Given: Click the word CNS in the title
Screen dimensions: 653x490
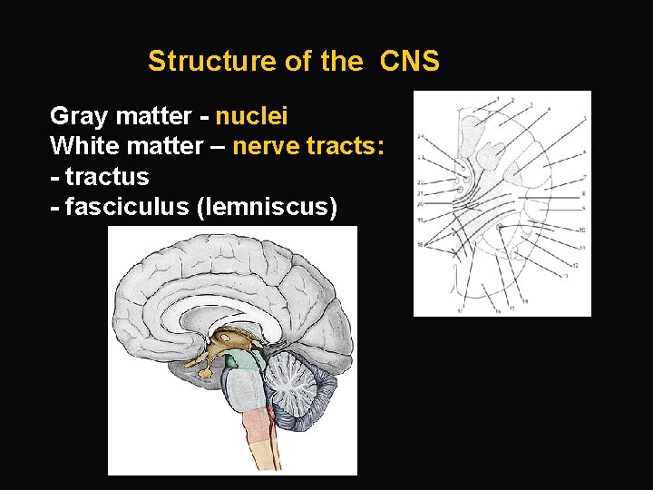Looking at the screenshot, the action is (410, 62).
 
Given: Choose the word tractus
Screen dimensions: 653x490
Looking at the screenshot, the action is (106, 175).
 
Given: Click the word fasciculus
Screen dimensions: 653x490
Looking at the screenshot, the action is (126, 208).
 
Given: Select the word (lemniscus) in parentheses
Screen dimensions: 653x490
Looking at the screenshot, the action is (267, 208).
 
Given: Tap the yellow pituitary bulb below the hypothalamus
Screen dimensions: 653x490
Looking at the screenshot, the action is (205, 371).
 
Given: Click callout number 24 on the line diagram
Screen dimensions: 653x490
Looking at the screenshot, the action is (420, 136).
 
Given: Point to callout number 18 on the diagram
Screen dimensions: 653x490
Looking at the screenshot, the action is (420, 244).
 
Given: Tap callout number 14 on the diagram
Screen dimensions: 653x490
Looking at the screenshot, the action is (525, 300).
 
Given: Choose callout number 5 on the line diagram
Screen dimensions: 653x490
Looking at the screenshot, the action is (585, 118).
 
